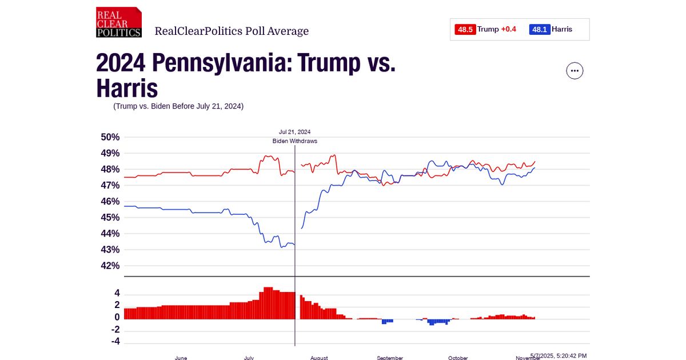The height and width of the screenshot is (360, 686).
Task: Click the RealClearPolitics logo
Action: coord(118,22)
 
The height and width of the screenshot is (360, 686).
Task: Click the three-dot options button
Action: coord(575,71)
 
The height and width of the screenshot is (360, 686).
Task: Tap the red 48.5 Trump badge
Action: coord(465,30)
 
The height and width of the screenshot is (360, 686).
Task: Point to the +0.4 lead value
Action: coord(508,30)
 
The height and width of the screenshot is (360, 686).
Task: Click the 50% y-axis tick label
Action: coord(110,137)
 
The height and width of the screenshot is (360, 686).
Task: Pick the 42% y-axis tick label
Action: coord(110,266)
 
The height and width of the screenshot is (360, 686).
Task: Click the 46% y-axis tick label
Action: coord(110,202)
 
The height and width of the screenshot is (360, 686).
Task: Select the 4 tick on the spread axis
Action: coord(117,293)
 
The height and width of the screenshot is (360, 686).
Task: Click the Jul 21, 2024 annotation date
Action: coord(294,132)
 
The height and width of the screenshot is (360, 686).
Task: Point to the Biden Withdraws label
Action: coord(294,141)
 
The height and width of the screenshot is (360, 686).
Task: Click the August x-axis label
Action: coord(319,358)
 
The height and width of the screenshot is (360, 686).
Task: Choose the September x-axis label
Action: coord(390,358)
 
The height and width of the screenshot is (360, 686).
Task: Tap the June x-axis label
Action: coord(181,358)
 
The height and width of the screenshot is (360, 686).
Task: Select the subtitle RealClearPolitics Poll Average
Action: coord(232,31)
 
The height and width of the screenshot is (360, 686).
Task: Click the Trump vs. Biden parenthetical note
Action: coord(178,106)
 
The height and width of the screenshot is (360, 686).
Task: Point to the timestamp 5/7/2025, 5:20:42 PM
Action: coord(559,355)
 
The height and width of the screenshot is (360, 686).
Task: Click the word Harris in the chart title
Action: coord(127,89)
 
